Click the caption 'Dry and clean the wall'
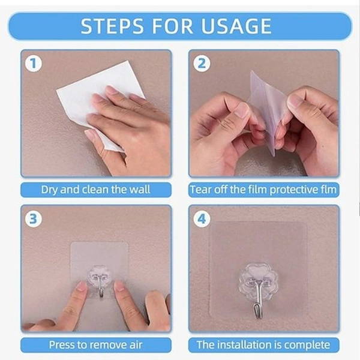(95, 190)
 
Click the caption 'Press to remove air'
(95, 345)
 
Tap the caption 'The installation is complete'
(263, 345)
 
